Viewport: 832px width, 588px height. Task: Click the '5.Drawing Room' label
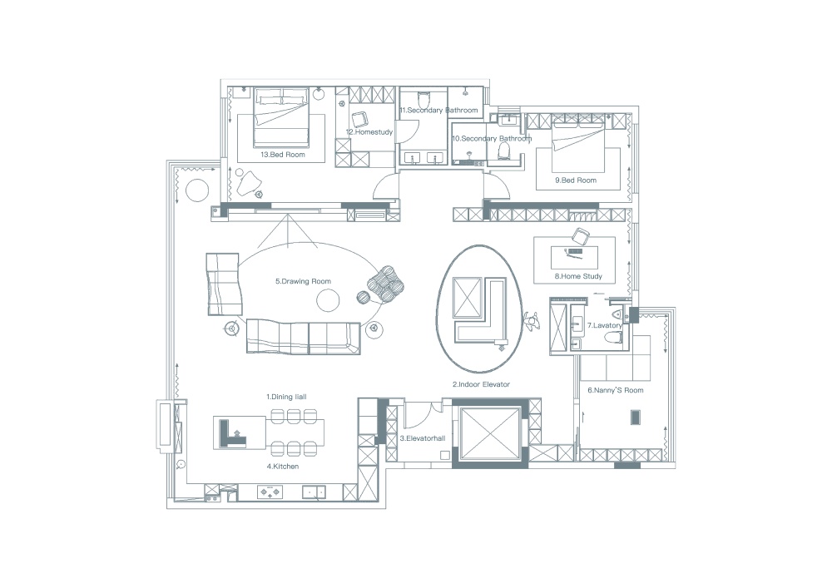[x=303, y=282]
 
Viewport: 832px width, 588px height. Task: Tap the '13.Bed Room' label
[x=283, y=155]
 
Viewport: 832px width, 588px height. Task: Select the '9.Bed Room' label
[x=576, y=180]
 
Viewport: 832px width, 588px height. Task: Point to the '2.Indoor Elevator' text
[x=481, y=384]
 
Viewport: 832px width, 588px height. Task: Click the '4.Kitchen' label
[x=283, y=467]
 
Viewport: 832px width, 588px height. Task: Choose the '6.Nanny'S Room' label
[x=616, y=390]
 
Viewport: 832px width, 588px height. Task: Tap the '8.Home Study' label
[x=578, y=276]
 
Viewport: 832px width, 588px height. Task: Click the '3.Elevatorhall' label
[x=423, y=438]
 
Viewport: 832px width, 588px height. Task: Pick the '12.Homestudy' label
[x=369, y=132]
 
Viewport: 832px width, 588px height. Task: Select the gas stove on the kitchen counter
[x=270, y=492]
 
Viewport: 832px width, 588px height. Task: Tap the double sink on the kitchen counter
[x=314, y=492]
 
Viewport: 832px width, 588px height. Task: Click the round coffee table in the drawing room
[x=328, y=301]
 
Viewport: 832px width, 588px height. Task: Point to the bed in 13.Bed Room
[x=280, y=118]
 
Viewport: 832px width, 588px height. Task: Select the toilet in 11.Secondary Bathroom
[x=423, y=99]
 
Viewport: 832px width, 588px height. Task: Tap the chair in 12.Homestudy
[x=359, y=118]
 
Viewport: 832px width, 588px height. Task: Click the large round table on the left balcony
[x=196, y=190]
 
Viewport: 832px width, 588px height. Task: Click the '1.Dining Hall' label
[x=286, y=397]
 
